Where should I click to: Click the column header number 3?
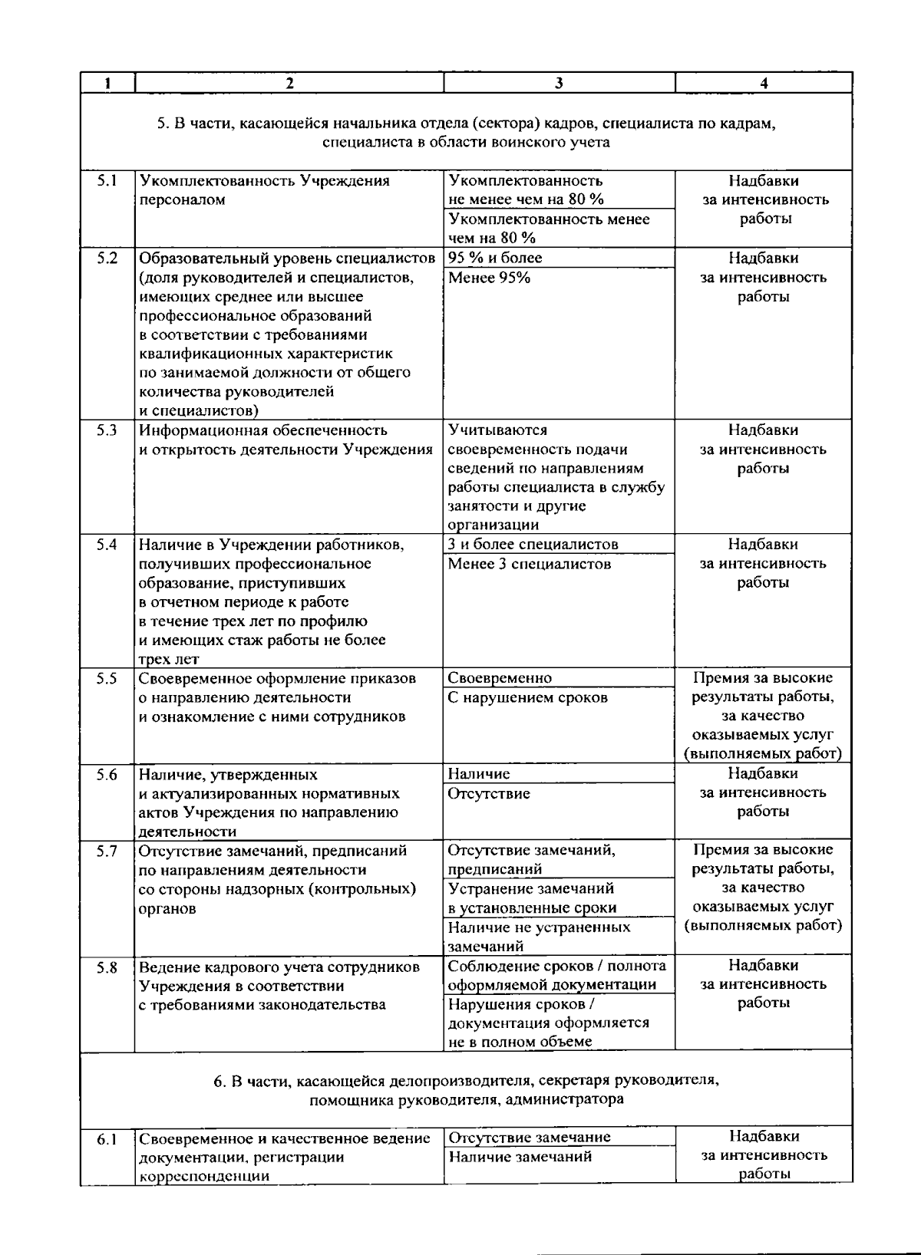559,84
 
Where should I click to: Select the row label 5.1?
107,181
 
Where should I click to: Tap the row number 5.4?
107,545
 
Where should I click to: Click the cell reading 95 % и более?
495,258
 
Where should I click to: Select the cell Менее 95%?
489,278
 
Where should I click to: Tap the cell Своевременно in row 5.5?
500,678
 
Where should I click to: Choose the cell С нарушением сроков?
527,698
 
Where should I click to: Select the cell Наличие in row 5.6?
479,774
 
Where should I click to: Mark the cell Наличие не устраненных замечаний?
539,937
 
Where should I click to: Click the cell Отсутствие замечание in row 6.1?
530,1138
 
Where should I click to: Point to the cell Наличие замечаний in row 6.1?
520,1157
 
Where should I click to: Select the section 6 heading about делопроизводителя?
466,1090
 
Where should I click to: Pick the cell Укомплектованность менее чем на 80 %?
548,229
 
